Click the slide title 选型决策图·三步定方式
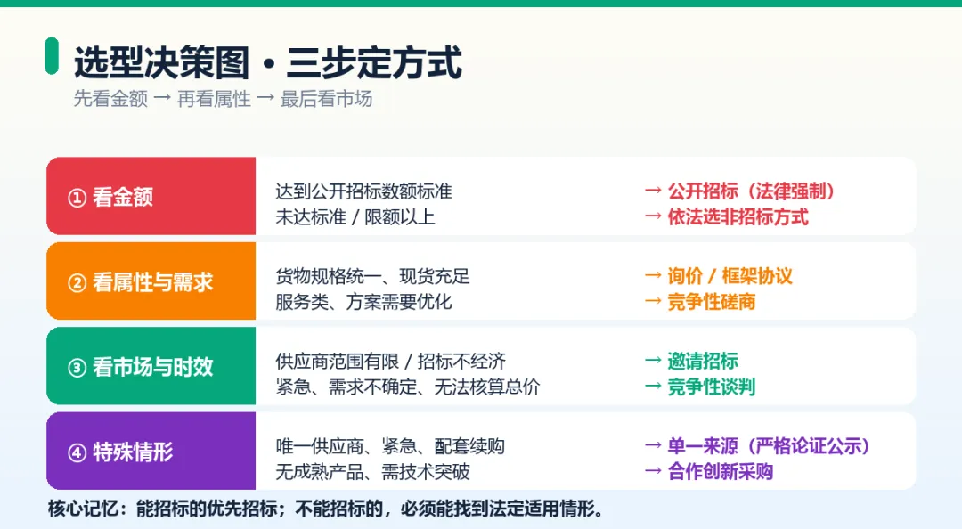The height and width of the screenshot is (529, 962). point(267,62)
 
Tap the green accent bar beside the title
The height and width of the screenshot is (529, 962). point(52,56)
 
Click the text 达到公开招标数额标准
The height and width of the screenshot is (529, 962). point(363,191)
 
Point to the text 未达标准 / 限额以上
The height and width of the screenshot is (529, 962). point(355,216)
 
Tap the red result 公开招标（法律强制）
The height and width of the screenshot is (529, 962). point(751,191)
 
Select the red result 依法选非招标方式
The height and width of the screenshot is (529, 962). point(738,216)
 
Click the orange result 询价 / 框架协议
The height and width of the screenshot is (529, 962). point(730,276)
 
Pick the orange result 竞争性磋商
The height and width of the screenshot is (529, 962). point(712,301)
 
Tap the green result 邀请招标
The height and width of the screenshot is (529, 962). point(703,361)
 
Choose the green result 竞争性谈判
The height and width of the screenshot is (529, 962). point(712,387)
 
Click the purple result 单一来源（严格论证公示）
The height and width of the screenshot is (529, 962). point(769,446)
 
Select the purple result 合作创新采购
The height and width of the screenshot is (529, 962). point(721,471)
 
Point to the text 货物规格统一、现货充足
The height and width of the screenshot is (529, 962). point(372,276)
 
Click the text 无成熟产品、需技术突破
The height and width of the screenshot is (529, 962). point(372,471)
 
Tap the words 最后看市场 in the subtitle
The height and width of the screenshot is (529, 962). point(326,99)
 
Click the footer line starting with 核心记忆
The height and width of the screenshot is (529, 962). point(326,509)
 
